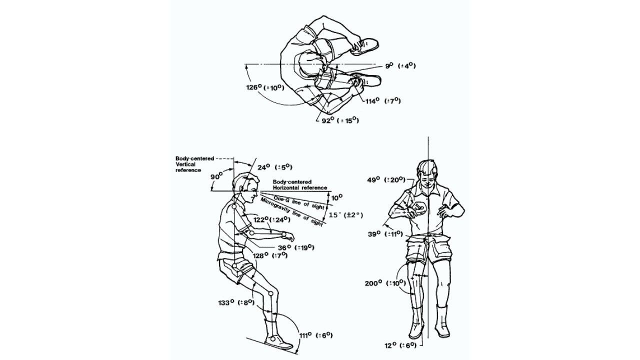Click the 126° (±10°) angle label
point(265,87)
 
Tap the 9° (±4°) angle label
point(400,65)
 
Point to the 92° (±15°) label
point(340,120)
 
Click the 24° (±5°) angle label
point(274,167)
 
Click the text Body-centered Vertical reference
point(194,164)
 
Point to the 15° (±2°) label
point(345,215)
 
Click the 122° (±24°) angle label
point(273,219)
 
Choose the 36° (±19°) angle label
point(296,247)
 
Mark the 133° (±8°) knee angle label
point(236,302)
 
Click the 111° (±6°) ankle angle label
point(315,335)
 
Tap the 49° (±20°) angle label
point(386,179)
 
